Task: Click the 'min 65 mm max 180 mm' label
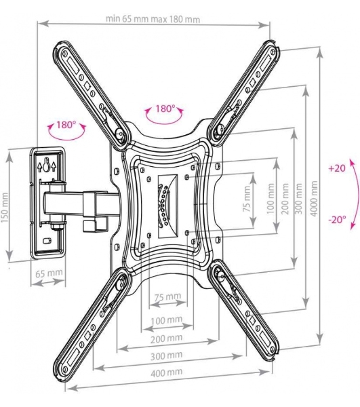point(153,20)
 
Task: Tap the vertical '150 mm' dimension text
point(5,208)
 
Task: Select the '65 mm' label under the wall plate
point(49,273)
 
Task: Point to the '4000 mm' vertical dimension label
point(314,199)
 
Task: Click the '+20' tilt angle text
point(337,168)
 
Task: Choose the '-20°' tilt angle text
point(338,220)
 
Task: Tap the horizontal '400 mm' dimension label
point(167,372)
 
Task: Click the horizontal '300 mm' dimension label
point(167,355)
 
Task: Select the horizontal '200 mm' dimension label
point(167,338)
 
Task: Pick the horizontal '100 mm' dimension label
point(167,320)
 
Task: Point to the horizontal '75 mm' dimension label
point(167,296)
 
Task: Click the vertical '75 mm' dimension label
point(247,199)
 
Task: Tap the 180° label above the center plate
point(165,109)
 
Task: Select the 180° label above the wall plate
point(66,125)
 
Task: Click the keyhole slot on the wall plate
point(46,165)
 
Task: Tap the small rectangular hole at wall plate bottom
point(47,240)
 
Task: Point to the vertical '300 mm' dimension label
point(299,199)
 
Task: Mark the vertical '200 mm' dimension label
point(285,199)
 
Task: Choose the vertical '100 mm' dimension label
point(271,199)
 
